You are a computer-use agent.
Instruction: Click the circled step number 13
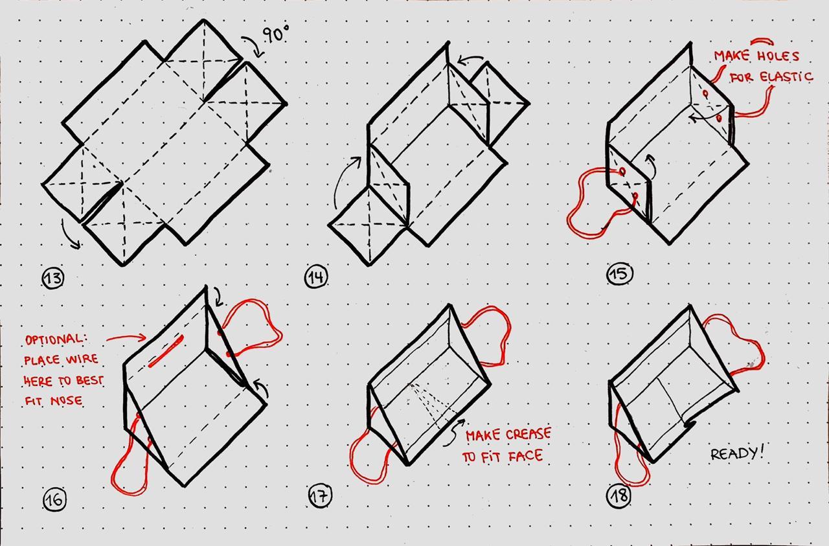[53, 278]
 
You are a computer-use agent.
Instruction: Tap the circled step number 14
[316, 278]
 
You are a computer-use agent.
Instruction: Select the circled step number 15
[620, 274]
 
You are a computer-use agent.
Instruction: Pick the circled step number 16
[55, 500]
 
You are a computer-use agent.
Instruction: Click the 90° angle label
[276, 34]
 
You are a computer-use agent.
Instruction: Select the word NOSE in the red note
[67, 400]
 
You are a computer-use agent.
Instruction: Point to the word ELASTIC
[786, 77]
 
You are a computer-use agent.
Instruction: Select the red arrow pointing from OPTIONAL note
[126, 337]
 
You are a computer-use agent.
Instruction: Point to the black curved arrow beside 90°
[253, 46]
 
